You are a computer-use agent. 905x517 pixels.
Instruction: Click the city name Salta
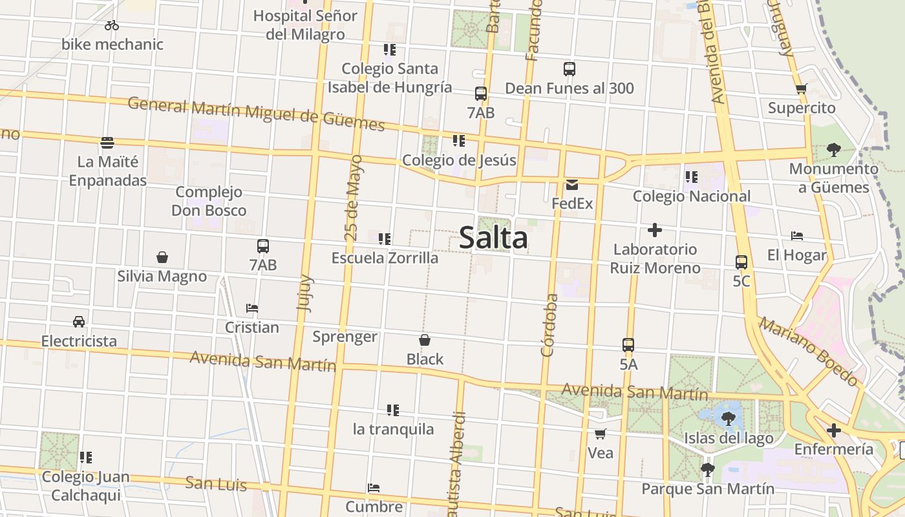(x=493, y=238)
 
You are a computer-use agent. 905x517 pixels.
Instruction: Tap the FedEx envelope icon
(x=572, y=185)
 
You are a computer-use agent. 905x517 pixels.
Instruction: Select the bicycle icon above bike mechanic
(x=112, y=25)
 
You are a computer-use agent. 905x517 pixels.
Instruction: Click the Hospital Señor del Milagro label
(x=305, y=25)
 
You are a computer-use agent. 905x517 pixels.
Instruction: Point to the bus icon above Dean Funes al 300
(x=570, y=69)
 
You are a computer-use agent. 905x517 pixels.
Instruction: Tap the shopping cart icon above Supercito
(x=802, y=89)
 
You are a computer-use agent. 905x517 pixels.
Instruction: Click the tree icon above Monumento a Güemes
(x=833, y=150)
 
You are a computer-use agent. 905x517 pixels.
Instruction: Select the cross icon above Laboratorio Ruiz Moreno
(x=655, y=230)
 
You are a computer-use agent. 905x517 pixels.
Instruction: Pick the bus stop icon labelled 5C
(x=741, y=262)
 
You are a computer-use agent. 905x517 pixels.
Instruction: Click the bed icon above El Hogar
(x=797, y=237)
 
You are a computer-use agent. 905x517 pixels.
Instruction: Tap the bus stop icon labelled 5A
(x=628, y=345)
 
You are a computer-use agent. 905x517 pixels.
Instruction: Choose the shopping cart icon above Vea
(x=601, y=434)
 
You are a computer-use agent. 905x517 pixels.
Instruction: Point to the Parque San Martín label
(x=708, y=489)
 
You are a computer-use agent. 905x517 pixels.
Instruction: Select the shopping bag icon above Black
(x=425, y=340)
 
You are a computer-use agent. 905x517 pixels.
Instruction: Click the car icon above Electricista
(x=79, y=322)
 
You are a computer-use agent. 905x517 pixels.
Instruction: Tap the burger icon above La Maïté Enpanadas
(x=107, y=142)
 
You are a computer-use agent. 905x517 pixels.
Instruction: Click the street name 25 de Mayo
(x=354, y=198)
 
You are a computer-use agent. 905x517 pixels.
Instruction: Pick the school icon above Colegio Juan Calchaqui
(x=85, y=458)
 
